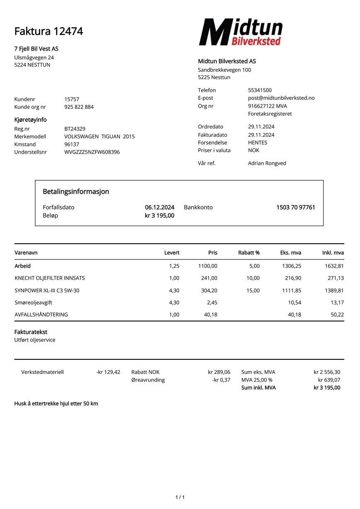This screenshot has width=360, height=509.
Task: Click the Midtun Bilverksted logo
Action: coord(241,32)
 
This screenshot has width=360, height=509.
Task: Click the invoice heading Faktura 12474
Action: coord(49,32)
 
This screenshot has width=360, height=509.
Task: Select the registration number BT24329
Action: coord(75,129)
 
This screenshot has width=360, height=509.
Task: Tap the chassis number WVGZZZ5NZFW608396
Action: coord(92,152)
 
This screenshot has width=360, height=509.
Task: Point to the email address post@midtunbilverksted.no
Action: coord(281,98)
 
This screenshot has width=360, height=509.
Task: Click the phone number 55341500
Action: coord(260,90)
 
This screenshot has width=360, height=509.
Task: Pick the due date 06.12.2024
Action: coord(159,207)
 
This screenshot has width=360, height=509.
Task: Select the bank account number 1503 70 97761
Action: coord(295,207)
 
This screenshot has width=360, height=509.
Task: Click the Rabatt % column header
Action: coord(249,253)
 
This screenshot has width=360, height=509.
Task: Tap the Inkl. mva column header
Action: coord(333,253)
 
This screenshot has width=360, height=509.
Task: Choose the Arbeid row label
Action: coord(22,266)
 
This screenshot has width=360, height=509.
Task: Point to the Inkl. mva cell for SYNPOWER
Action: coord(334,291)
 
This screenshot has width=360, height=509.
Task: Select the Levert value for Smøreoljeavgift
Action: coord(174,303)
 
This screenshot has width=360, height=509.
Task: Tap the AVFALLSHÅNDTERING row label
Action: coord(41,315)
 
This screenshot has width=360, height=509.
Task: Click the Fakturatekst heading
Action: coord(31,332)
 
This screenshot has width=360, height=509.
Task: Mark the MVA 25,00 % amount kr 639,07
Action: coord(329,380)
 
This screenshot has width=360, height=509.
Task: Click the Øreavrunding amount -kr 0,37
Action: coord(221,380)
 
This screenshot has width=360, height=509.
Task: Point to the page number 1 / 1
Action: coord(180,497)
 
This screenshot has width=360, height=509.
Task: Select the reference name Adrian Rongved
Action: coord(267,163)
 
